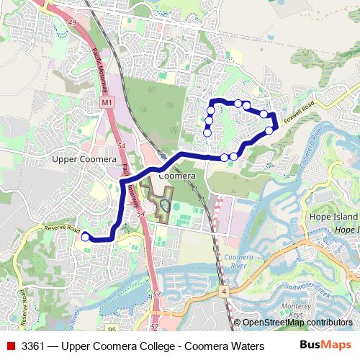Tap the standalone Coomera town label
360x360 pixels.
[x=176, y=176]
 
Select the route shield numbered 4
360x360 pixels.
[x=225, y=291]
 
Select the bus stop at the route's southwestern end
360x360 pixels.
[x=85, y=236]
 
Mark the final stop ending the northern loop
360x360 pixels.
[x=207, y=132]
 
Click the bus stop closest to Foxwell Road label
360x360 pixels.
[x=270, y=130]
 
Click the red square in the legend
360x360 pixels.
[x=12, y=346]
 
